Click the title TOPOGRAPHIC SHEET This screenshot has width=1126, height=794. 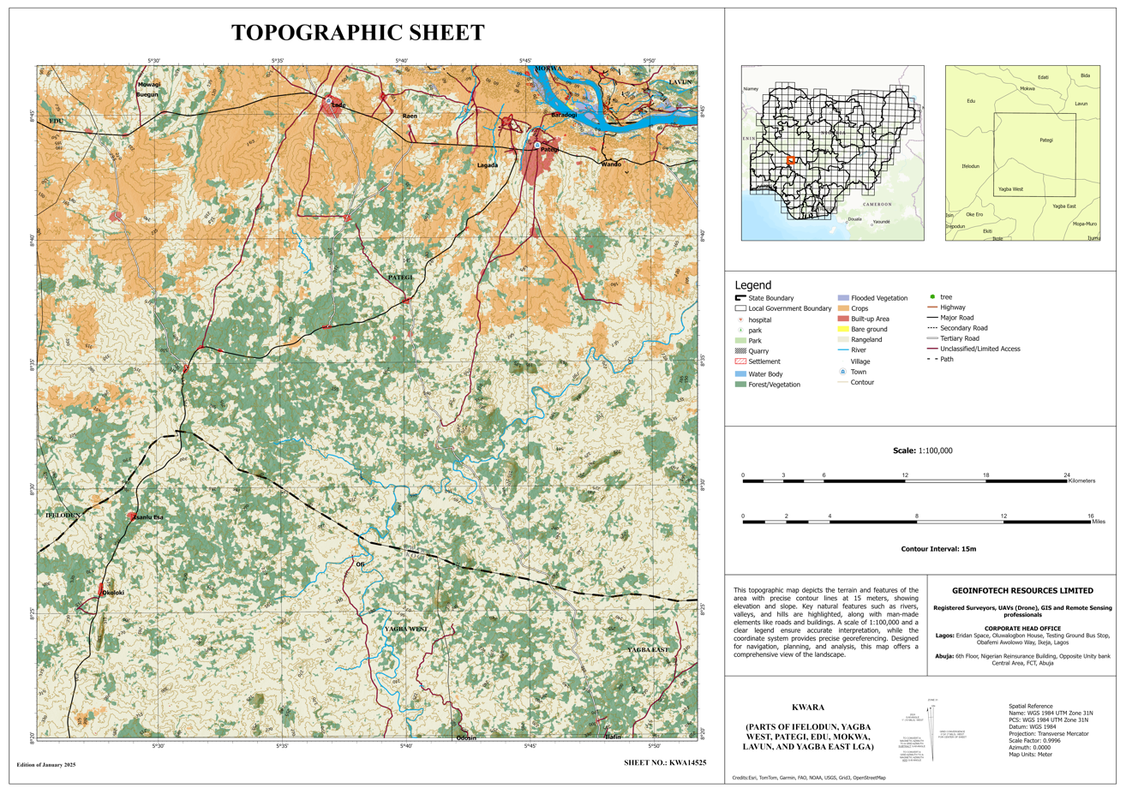[357, 33]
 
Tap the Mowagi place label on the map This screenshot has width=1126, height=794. [149, 85]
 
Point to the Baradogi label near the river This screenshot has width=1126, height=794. [564, 115]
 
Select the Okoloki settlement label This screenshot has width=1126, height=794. [113, 593]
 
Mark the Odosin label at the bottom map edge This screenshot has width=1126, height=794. [466, 737]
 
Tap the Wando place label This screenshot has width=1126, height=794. [611, 164]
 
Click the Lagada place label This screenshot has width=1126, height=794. [488, 165]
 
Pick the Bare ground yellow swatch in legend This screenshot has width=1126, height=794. [843, 329]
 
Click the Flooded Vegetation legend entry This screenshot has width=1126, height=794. [878, 298]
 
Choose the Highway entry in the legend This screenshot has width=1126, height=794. [952, 307]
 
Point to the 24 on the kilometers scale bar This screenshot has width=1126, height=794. [1067, 475]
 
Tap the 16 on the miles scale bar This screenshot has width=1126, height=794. [1091, 516]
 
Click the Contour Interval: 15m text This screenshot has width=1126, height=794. [938, 549]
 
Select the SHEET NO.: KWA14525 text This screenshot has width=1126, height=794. [664, 762]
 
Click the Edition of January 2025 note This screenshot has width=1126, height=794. [46, 764]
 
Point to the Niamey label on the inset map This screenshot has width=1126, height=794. [751, 89]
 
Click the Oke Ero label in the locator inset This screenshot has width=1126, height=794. [974, 215]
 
